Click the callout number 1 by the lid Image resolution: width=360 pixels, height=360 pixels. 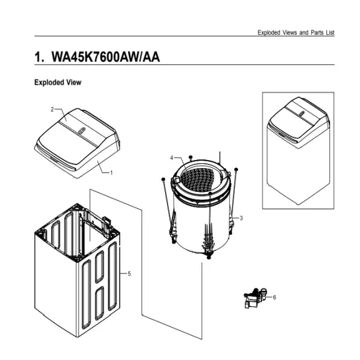(x=111, y=172)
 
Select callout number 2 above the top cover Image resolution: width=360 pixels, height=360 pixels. (x=52, y=109)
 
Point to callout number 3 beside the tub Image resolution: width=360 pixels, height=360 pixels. (x=241, y=217)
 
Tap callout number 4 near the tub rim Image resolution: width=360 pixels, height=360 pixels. (x=171, y=158)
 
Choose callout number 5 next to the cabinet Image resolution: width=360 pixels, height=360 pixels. (x=129, y=274)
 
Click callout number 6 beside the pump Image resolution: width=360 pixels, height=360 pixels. (x=275, y=297)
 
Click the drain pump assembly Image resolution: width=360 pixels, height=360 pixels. (x=257, y=298)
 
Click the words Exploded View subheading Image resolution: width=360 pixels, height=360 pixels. (x=57, y=82)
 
